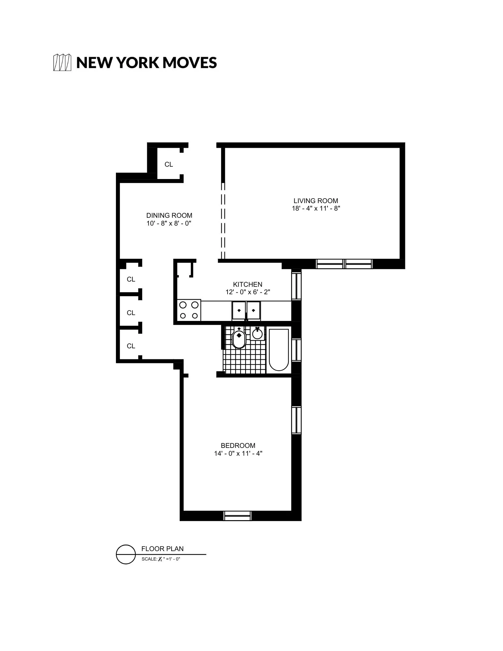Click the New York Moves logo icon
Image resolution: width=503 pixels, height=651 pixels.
coord(62,62)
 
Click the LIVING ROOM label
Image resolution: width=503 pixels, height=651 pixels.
coord(315,201)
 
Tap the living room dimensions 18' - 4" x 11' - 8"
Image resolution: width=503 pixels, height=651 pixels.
coord(315,209)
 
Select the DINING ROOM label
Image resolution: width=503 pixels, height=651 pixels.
coord(169,215)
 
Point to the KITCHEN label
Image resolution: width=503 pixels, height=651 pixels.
coord(247,284)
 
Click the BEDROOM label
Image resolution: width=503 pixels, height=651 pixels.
coord(238,446)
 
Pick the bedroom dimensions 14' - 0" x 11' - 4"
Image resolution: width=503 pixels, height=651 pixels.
coord(238,453)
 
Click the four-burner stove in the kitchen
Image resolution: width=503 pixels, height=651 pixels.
coord(189,310)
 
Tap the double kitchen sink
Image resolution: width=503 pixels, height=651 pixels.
coord(246,311)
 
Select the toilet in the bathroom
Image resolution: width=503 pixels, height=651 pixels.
coord(239,339)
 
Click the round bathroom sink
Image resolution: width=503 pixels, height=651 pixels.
coord(258,334)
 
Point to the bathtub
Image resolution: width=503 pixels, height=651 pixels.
coord(279,350)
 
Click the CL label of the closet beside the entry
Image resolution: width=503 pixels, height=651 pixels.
coord(169,165)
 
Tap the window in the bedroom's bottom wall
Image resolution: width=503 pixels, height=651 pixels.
coord(238,516)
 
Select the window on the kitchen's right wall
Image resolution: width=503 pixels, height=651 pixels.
coord(296,286)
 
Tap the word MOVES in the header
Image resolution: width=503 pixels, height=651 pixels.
coord(189,62)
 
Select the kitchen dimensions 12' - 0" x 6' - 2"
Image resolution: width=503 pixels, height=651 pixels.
coord(247,292)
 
